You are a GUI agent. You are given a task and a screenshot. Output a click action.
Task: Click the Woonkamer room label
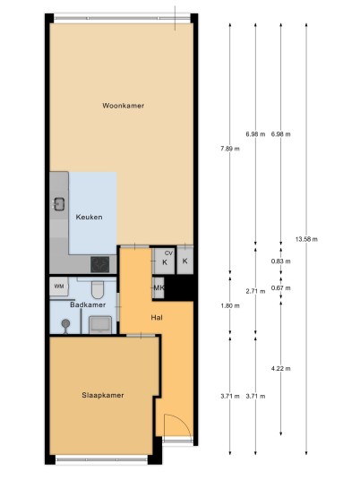(x=123, y=106)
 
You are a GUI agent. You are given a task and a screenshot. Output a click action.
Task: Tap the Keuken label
(x=89, y=217)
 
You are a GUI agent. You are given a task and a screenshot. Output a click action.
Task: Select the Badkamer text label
(x=88, y=304)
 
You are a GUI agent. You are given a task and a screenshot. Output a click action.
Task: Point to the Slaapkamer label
(x=103, y=395)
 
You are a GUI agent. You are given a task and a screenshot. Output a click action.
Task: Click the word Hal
(x=157, y=318)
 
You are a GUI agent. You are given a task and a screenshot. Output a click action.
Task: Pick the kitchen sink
(x=59, y=204)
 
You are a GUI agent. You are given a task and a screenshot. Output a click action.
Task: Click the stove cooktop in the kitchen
(x=99, y=264)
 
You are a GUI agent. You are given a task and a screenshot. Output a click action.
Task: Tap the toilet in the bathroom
(x=98, y=289)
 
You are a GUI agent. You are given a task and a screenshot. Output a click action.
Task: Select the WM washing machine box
(x=59, y=287)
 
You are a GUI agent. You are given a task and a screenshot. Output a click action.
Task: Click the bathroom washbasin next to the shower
(x=100, y=325)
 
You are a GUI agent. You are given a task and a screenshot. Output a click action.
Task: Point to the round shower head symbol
(x=65, y=323)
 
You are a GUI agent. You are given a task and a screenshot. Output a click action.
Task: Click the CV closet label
(x=168, y=253)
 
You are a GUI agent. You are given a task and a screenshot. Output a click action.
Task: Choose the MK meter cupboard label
(x=159, y=287)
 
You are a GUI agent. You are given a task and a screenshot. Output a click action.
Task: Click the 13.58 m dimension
(x=306, y=239)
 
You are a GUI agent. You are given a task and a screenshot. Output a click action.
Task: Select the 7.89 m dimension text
(x=230, y=149)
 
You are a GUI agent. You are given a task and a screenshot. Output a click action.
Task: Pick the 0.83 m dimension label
(x=280, y=261)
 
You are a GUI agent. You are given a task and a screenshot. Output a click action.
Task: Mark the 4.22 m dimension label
(x=280, y=368)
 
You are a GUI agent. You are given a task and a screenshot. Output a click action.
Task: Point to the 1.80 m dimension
(x=230, y=305)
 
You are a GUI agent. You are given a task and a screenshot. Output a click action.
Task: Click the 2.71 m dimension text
(x=255, y=291)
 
